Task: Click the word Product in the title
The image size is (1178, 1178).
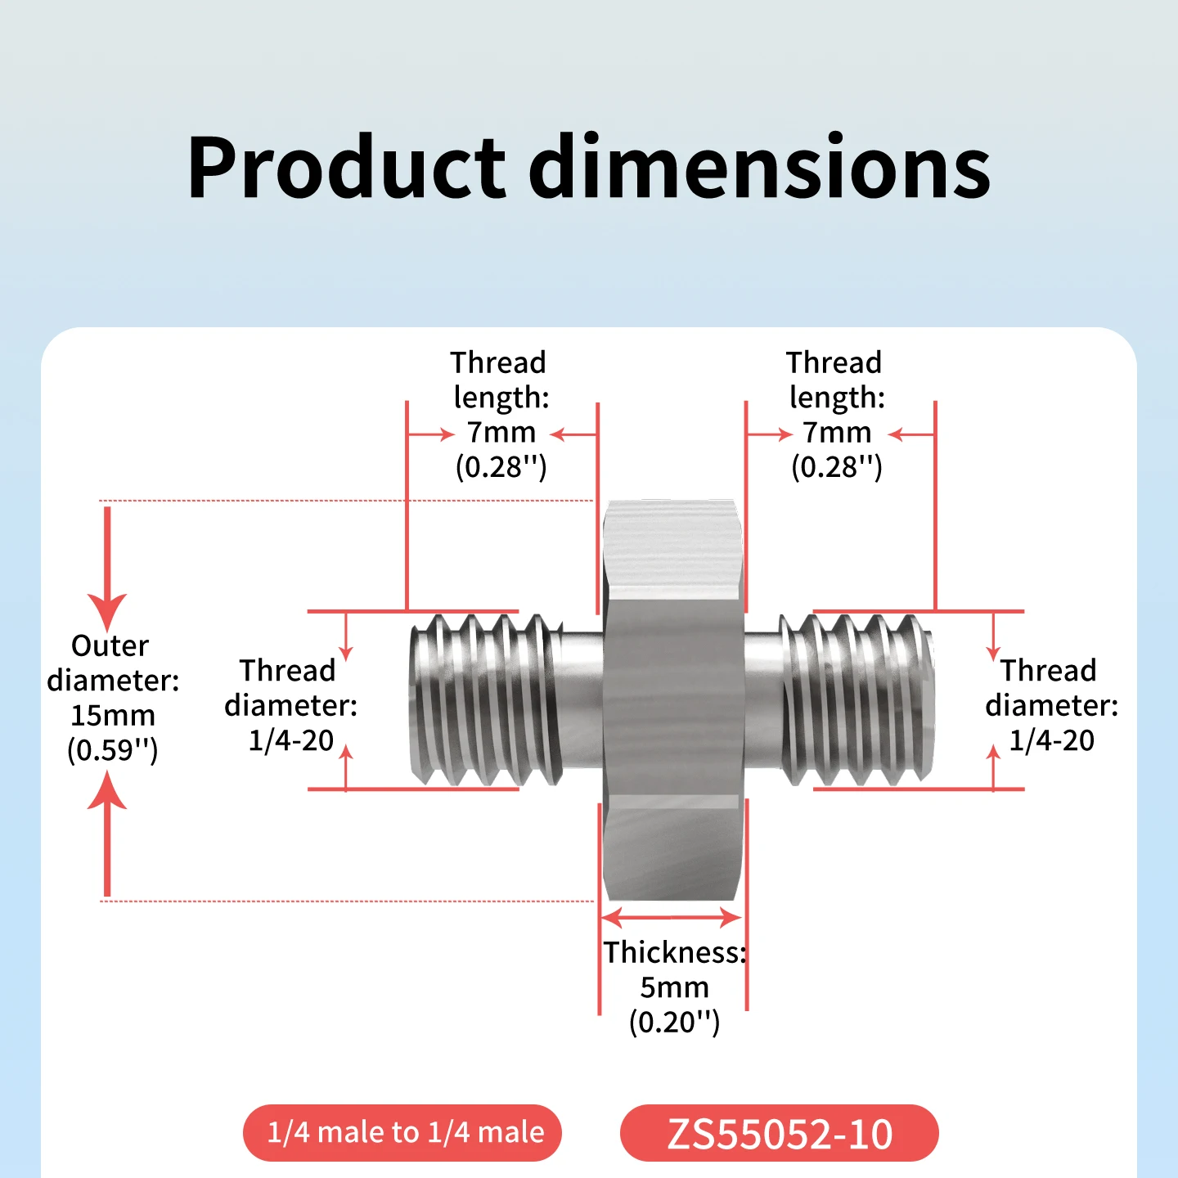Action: point(347,168)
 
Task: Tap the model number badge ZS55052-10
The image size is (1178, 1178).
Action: point(779,1133)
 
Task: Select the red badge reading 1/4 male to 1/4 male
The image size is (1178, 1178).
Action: point(402,1133)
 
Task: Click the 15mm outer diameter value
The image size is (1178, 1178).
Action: point(113,715)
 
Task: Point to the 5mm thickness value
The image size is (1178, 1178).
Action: point(674,987)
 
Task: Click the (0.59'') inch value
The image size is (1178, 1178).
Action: point(113,750)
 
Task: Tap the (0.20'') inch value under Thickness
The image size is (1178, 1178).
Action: point(674,1022)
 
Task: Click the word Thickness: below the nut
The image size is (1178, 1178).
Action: point(675,952)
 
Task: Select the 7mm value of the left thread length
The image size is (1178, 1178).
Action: point(501,432)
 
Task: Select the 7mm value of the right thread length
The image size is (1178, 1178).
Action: point(837,432)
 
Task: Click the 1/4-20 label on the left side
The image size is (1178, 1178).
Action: point(291,740)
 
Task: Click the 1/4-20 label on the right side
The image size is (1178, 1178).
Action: point(1051,740)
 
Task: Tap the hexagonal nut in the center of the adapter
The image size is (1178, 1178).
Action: point(673,700)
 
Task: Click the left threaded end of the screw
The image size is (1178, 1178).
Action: point(486,700)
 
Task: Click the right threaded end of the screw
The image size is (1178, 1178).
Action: point(857,700)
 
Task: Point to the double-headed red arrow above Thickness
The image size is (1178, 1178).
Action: point(672,917)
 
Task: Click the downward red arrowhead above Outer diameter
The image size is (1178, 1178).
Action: point(107,611)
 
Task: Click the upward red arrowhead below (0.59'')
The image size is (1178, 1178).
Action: point(107,789)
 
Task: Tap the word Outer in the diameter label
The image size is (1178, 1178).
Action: point(110,645)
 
